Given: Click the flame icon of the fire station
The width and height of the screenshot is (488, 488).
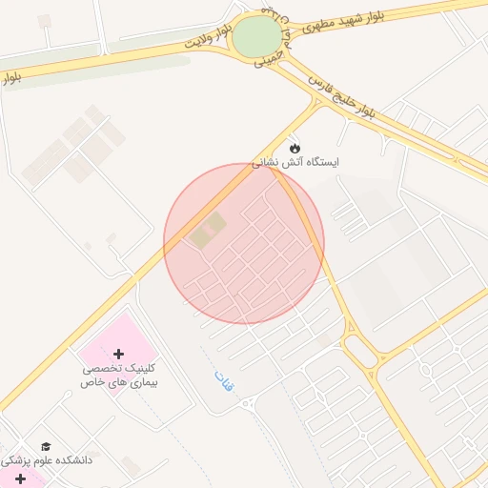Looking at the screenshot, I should (x=295, y=149).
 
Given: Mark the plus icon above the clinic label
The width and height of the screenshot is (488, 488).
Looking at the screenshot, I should (x=118, y=354).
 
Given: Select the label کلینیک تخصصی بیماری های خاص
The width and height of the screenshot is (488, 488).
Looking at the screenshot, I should (x=118, y=374).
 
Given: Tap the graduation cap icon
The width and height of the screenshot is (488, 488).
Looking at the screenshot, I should (x=46, y=446).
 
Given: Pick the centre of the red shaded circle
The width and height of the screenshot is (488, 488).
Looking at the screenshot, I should (x=244, y=244).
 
